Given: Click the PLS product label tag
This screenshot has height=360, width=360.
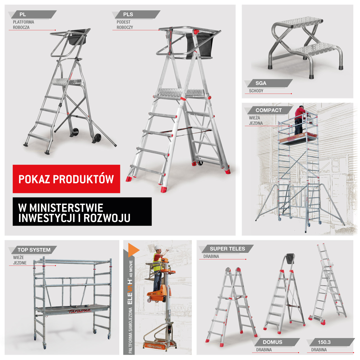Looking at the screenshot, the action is (x=136, y=14).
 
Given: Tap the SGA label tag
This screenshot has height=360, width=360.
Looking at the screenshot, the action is (x=268, y=83).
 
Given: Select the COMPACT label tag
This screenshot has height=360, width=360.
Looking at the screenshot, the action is (x=269, y=110).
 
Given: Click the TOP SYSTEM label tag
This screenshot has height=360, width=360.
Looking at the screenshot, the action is (x=33, y=250).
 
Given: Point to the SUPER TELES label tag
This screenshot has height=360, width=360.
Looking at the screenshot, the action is (x=226, y=249).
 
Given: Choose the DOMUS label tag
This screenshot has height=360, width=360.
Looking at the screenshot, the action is (x=276, y=342).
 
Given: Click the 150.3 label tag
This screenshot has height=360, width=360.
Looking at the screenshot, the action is (x=331, y=342).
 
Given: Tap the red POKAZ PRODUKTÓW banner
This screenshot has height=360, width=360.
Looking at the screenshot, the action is (x=66, y=179).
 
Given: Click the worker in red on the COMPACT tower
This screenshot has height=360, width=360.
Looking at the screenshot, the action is (x=300, y=120).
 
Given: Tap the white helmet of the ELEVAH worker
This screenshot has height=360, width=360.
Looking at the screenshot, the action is (x=157, y=247).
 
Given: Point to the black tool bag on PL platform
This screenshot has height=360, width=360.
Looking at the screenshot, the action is (x=77, y=37).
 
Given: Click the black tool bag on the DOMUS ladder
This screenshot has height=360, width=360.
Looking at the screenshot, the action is (x=290, y=259).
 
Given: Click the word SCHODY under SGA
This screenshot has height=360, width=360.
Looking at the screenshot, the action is (x=256, y=91).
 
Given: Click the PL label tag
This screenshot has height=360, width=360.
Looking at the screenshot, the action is (x=32, y=14).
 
